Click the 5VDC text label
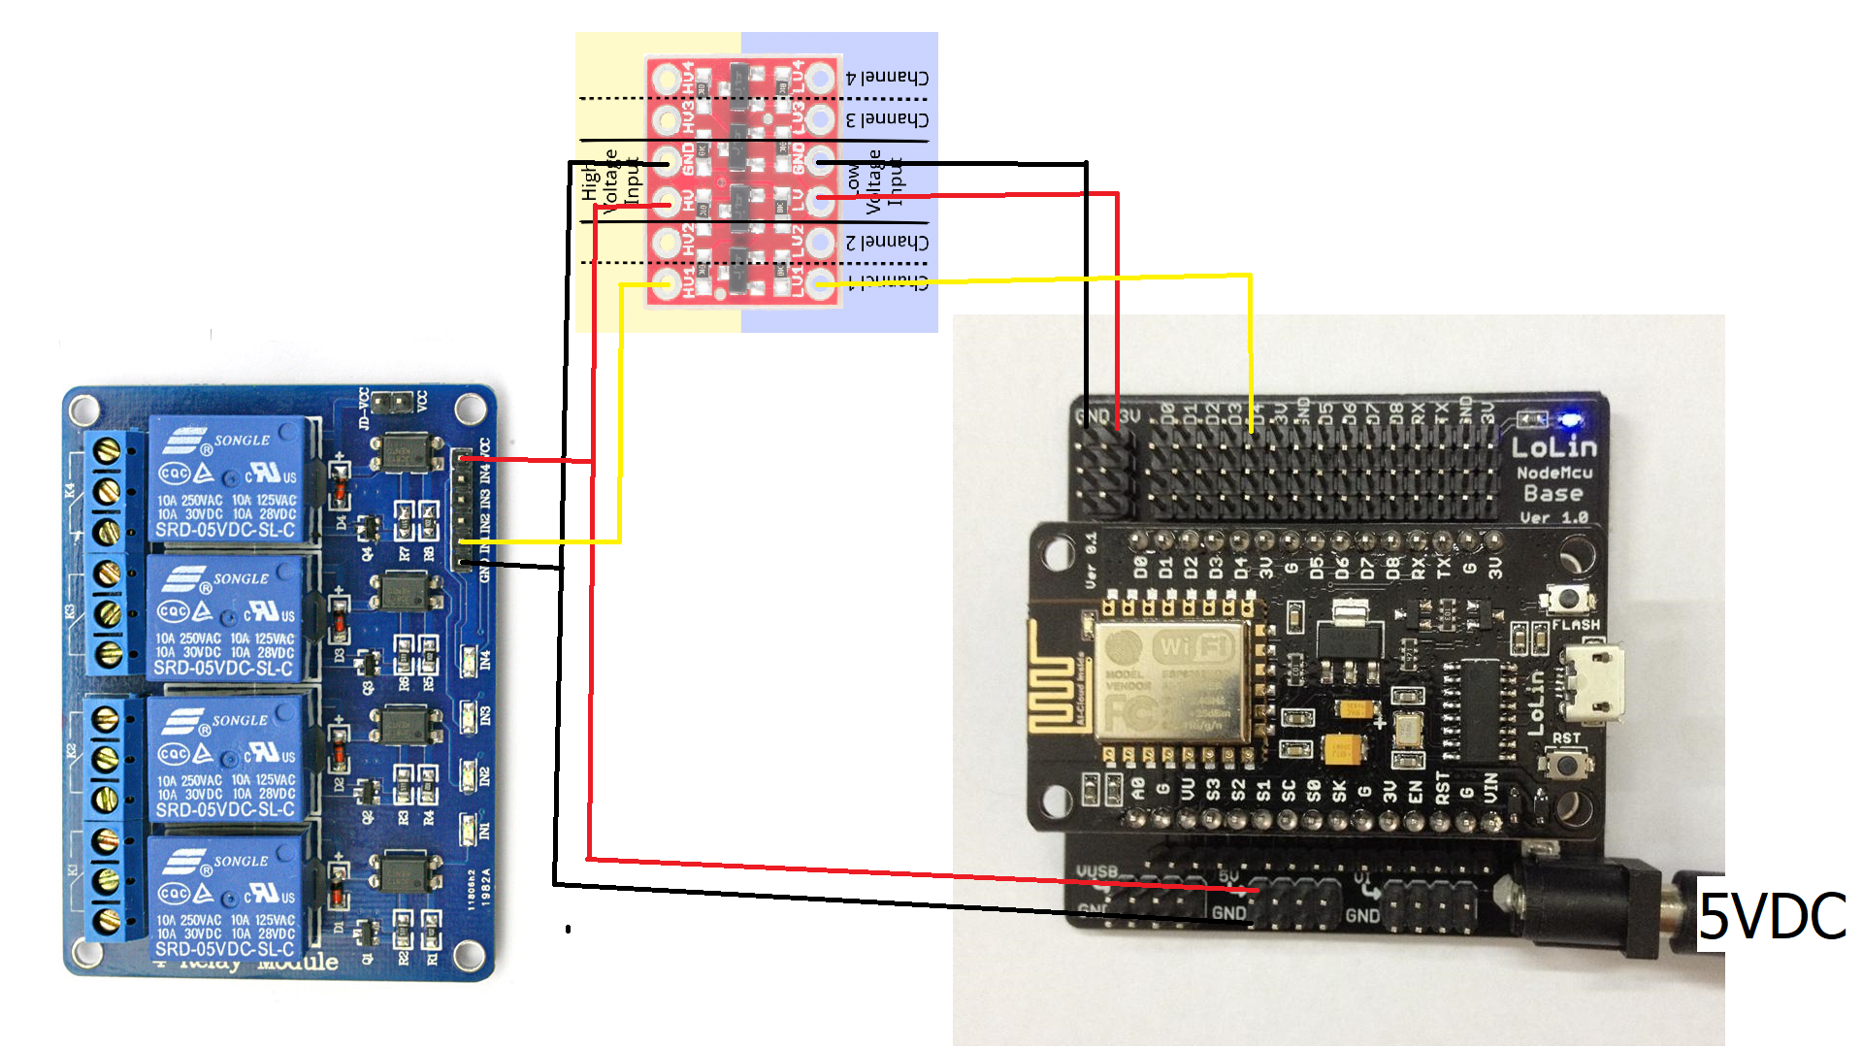1772,916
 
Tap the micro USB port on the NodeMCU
1591,684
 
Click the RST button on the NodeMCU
1565,764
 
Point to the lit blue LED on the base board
1569,420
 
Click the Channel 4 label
887,77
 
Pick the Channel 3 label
887,119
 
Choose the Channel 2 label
887,242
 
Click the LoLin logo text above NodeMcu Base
1553,447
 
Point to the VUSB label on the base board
1097,872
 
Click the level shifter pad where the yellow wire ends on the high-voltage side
666,283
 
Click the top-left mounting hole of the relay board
83,408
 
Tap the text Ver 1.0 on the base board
1553,517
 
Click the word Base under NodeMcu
1553,494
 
